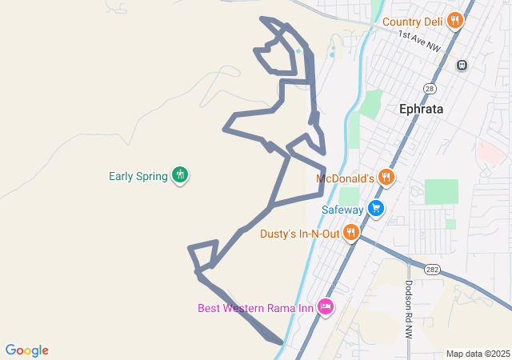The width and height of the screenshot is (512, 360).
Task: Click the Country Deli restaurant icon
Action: [x=455, y=22]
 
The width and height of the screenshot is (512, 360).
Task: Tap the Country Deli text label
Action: [x=413, y=22]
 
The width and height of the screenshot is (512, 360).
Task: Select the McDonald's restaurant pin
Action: [x=386, y=178]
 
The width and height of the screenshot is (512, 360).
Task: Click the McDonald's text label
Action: [x=346, y=178]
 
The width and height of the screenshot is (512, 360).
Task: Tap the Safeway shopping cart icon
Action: [x=376, y=210]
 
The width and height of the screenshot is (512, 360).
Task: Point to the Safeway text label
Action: [x=342, y=210]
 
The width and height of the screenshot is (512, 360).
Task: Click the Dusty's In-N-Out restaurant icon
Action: [x=350, y=233]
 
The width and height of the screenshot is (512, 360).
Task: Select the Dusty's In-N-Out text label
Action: [x=299, y=234]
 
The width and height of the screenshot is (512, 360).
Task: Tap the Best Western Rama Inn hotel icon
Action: [x=325, y=307]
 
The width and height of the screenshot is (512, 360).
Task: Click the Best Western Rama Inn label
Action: [x=255, y=308]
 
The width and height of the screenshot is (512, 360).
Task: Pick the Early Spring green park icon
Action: [x=180, y=175]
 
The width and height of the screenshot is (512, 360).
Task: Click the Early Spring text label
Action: [x=138, y=176]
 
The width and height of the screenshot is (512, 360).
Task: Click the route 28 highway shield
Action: [x=430, y=89]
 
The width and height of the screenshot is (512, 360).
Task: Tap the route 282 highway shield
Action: [x=433, y=269]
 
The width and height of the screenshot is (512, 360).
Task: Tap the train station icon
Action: [x=462, y=65]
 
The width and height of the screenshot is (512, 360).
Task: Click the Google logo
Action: [x=27, y=350]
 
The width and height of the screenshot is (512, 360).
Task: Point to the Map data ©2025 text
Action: [x=478, y=354]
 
